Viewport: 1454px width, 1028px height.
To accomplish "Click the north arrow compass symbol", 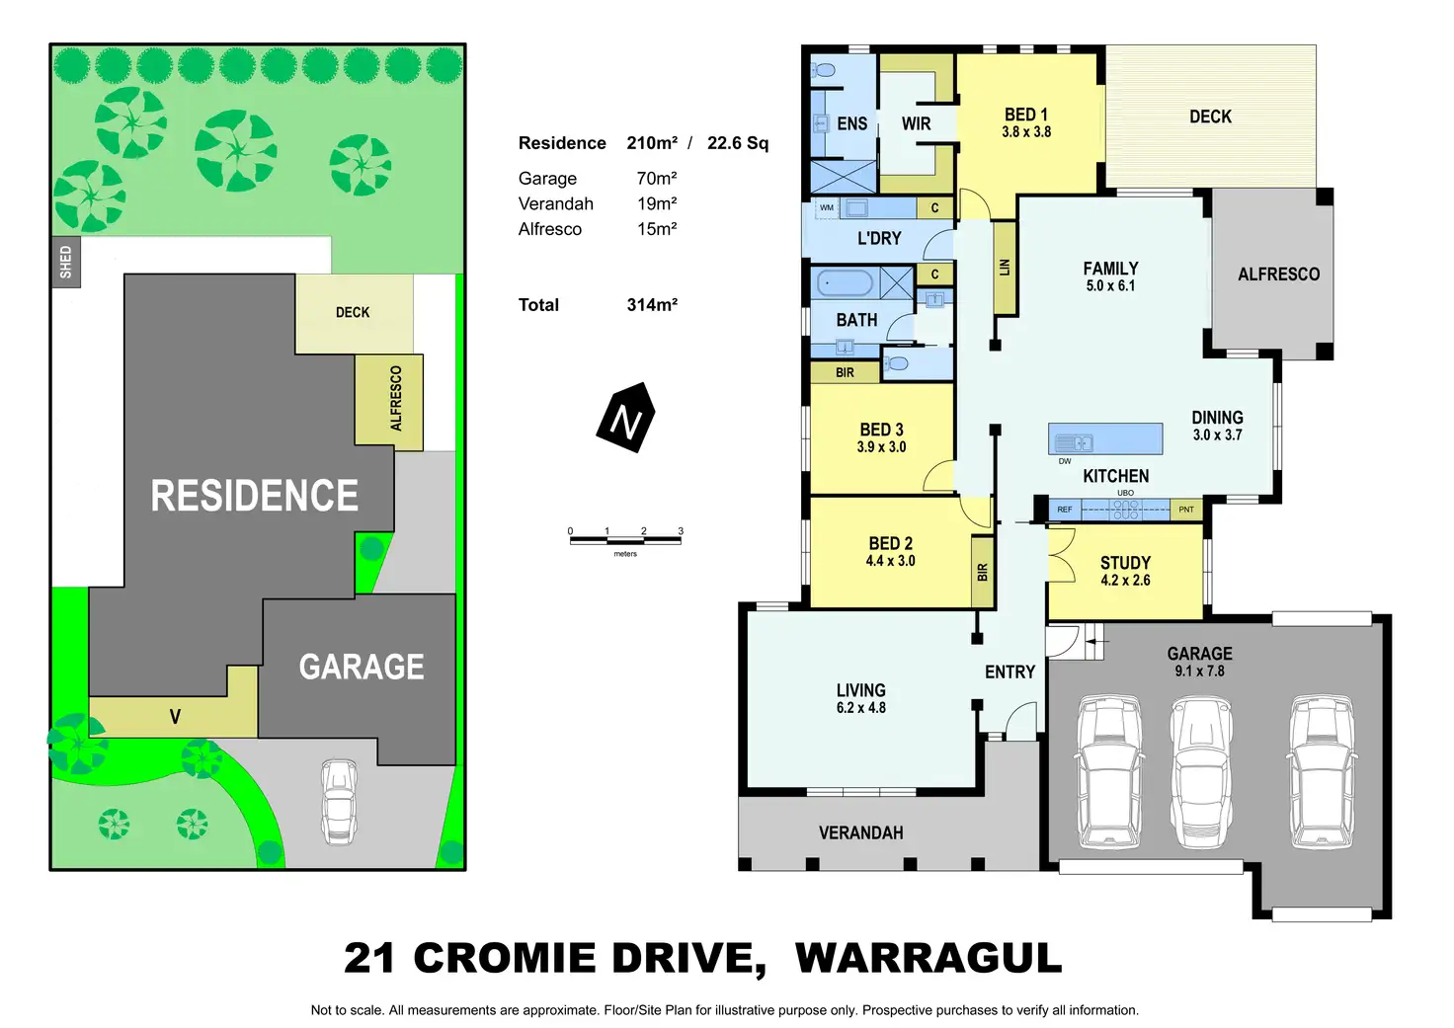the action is click(625, 418).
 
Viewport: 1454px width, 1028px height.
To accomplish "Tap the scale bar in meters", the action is click(625, 539).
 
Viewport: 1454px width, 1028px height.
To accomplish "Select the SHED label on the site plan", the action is click(65, 263).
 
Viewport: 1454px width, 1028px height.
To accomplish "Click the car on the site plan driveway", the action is click(338, 801).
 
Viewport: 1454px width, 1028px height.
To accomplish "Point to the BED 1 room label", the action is click(1026, 115).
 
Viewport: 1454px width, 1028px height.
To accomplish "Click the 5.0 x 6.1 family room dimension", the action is click(1110, 286).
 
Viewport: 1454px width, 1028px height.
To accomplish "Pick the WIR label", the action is click(916, 124).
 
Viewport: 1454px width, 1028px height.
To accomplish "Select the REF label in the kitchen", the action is click(1065, 510).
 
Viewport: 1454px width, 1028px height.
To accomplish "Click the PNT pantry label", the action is click(1186, 510).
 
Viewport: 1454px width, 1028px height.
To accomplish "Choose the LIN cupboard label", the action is click(1005, 268).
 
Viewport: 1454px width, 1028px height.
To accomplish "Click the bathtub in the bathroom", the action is click(843, 283).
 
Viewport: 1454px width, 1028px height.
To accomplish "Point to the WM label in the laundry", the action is click(827, 207).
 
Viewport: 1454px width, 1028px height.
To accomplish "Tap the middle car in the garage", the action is click(1200, 772).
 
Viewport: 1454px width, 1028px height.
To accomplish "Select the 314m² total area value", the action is click(652, 305).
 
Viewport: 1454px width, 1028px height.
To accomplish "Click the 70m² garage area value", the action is click(657, 179).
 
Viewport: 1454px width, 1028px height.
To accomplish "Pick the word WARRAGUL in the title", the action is click(928, 959).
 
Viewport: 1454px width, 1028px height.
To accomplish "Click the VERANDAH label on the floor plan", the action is click(860, 833).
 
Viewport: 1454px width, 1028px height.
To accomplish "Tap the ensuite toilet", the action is click(823, 70).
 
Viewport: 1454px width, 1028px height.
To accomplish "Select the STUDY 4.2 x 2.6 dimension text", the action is click(1125, 581).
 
